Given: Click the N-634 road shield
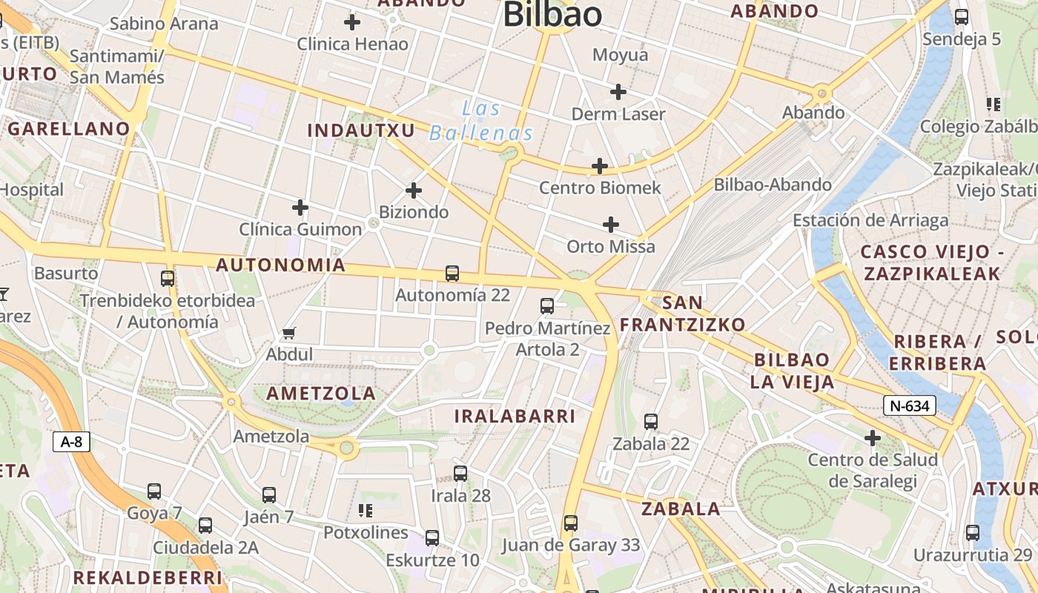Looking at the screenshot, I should click(910, 405).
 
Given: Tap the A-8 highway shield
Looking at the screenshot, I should click(71, 443).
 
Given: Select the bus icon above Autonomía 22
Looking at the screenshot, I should click(452, 273).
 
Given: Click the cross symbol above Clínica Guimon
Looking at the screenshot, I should click(300, 207).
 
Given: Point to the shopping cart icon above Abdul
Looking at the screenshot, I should click(289, 334).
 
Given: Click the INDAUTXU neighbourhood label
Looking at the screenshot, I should click(361, 130).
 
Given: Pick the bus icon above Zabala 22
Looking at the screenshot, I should click(651, 421).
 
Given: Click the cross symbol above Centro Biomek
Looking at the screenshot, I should click(600, 166).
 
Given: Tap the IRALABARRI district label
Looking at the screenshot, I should click(515, 416).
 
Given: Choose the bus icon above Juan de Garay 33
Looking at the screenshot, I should click(570, 523).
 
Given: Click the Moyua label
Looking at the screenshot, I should click(621, 55).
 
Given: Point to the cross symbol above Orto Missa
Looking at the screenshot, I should click(611, 224).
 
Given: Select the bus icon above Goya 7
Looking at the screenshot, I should click(154, 491).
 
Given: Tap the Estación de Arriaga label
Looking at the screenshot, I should click(870, 220).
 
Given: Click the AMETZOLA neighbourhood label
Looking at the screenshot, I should click(321, 394).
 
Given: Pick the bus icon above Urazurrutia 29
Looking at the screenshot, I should click(973, 532).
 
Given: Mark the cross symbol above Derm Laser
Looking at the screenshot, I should click(618, 92).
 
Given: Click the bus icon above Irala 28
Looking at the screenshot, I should click(460, 473).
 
